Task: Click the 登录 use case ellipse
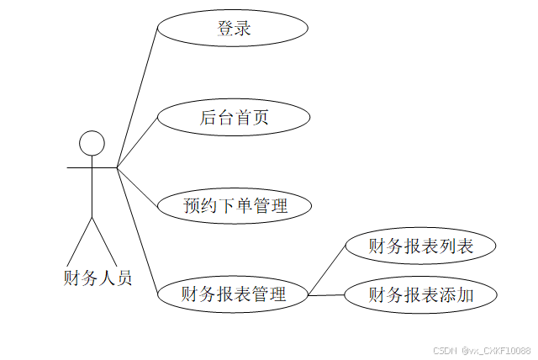233,29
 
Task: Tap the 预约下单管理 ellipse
235,205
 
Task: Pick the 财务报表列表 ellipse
420,246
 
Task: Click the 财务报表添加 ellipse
420,294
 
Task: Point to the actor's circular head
92,143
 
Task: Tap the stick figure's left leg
80,240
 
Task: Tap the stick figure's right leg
103,240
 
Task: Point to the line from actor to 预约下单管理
137,186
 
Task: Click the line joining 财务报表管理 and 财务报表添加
326,294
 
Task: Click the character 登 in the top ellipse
224,29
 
